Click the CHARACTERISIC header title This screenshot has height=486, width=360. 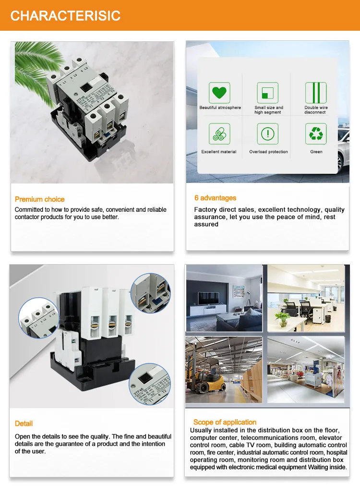[x=65, y=15]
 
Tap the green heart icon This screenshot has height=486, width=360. [x=219, y=93]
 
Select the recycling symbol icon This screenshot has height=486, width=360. [x=316, y=134]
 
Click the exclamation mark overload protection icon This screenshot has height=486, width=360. [x=267, y=134]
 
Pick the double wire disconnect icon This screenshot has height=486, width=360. [x=316, y=93]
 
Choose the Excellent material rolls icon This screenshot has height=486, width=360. [x=219, y=134]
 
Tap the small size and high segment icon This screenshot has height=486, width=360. [x=267, y=93]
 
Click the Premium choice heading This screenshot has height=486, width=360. [x=39, y=199]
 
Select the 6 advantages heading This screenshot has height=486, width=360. [x=215, y=198]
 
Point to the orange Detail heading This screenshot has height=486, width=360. [x=24, y=424]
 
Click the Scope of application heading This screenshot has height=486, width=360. [x=225, y=422]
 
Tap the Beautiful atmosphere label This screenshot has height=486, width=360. [x=220, y=108]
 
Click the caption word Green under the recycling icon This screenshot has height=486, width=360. [x=316, y=152]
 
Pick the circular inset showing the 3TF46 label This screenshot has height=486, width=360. [x=150, y=384]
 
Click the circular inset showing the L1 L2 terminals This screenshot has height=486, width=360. [x=38, y=317]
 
